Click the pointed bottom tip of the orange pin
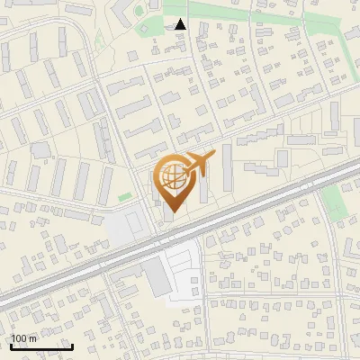click(x=171, y=212)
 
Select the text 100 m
click(x=24, y=338)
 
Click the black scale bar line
click(x=41, y=346)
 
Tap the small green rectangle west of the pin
click(x=125, y=197)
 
